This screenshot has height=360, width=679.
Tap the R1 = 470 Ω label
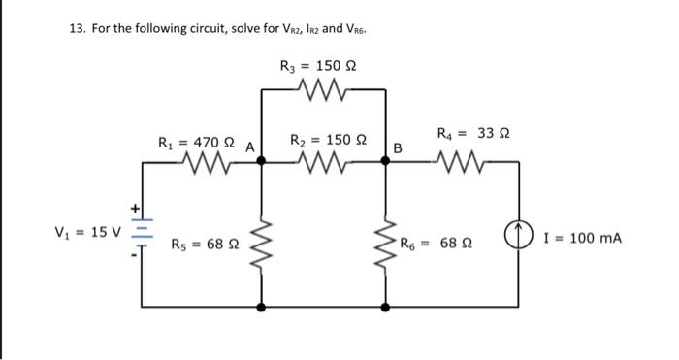[x=197, y=143]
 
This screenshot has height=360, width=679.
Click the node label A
[x=249, y=147]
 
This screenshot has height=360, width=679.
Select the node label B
[x=397, y=148]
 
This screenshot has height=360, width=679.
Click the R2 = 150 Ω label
[x=324, y=141]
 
